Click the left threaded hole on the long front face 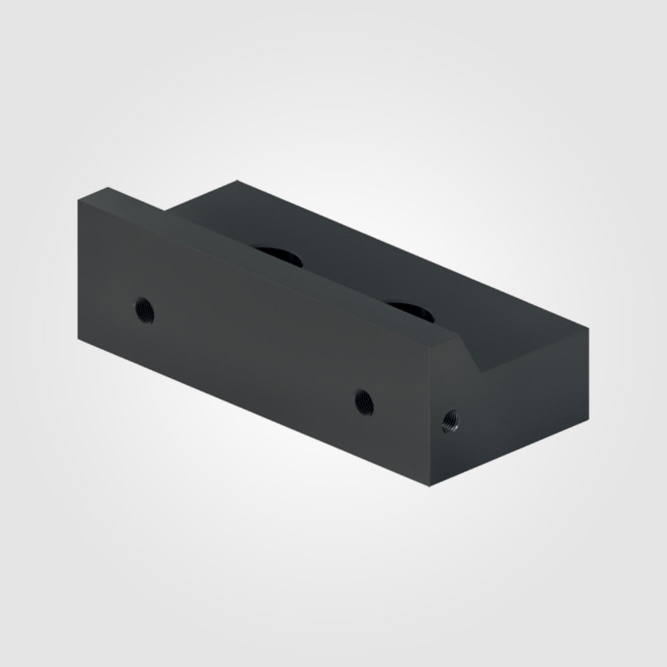pos(144,309)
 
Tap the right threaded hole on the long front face pos(364,402)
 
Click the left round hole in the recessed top pos(279,255)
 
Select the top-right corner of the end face pos(588,328)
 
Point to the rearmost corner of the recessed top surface pos(237,181)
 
